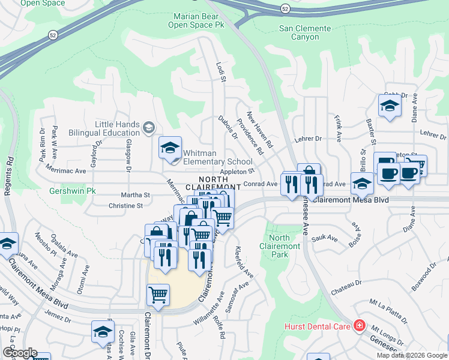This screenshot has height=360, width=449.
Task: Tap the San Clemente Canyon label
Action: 305,32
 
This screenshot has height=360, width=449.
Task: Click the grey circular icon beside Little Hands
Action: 148,128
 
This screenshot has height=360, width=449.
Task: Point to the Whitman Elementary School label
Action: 217,157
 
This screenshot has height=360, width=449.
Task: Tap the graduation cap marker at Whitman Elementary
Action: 170,148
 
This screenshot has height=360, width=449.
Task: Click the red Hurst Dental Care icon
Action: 359,326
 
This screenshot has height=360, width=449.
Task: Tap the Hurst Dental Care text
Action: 317,327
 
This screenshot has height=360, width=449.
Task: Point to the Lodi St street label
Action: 221,73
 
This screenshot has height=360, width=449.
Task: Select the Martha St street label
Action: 135,195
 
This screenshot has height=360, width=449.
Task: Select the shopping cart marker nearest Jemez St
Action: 158,295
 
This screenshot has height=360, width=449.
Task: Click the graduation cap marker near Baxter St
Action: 390,106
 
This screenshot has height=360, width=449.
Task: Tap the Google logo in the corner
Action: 20,352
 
